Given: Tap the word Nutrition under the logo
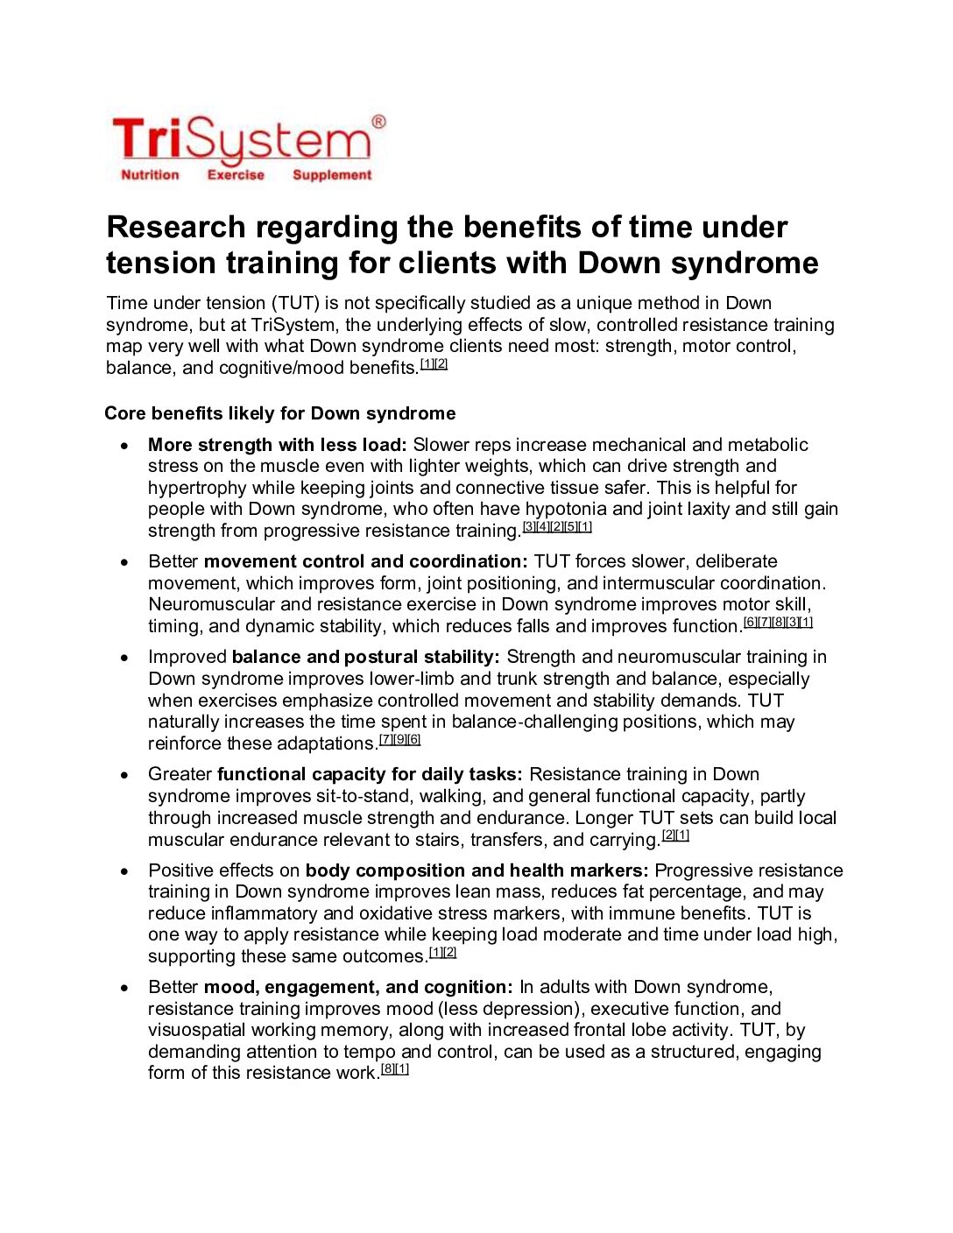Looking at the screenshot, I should pos(150,175).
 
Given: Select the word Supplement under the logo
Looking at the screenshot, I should pos(332,175).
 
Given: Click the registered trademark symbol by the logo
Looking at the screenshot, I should pos(378,122).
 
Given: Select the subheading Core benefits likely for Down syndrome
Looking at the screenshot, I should pos(280,413).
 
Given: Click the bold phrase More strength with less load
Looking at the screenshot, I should pos(277,445).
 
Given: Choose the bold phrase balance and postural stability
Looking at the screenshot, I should pos(366,657).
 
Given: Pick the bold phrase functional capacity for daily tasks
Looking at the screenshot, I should pos(370,774).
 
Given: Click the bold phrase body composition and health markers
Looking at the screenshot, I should pos(477,870).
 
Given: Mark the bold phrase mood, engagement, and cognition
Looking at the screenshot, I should pos(358,987).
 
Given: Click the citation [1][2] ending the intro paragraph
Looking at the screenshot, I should pos(434,364).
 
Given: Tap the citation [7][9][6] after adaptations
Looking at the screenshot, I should pos(399,740).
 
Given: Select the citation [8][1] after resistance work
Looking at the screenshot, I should pos(395,1069).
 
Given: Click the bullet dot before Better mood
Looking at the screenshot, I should pos(126,988).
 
